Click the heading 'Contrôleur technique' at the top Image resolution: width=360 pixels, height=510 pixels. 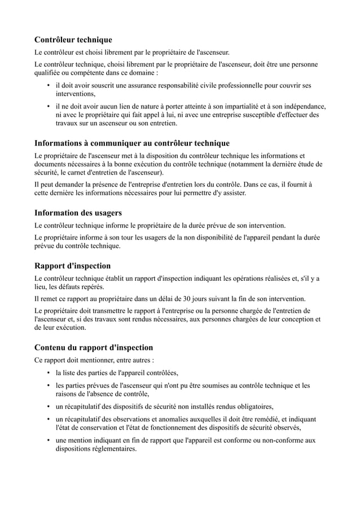tap(73, 40)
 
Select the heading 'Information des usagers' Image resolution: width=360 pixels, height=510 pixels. tap(78, 213)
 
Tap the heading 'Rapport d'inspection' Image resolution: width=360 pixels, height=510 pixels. tap(72, 265)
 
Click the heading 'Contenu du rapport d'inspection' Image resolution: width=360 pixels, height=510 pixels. tap(94, 347)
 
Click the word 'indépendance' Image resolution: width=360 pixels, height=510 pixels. tap(302, 106)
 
